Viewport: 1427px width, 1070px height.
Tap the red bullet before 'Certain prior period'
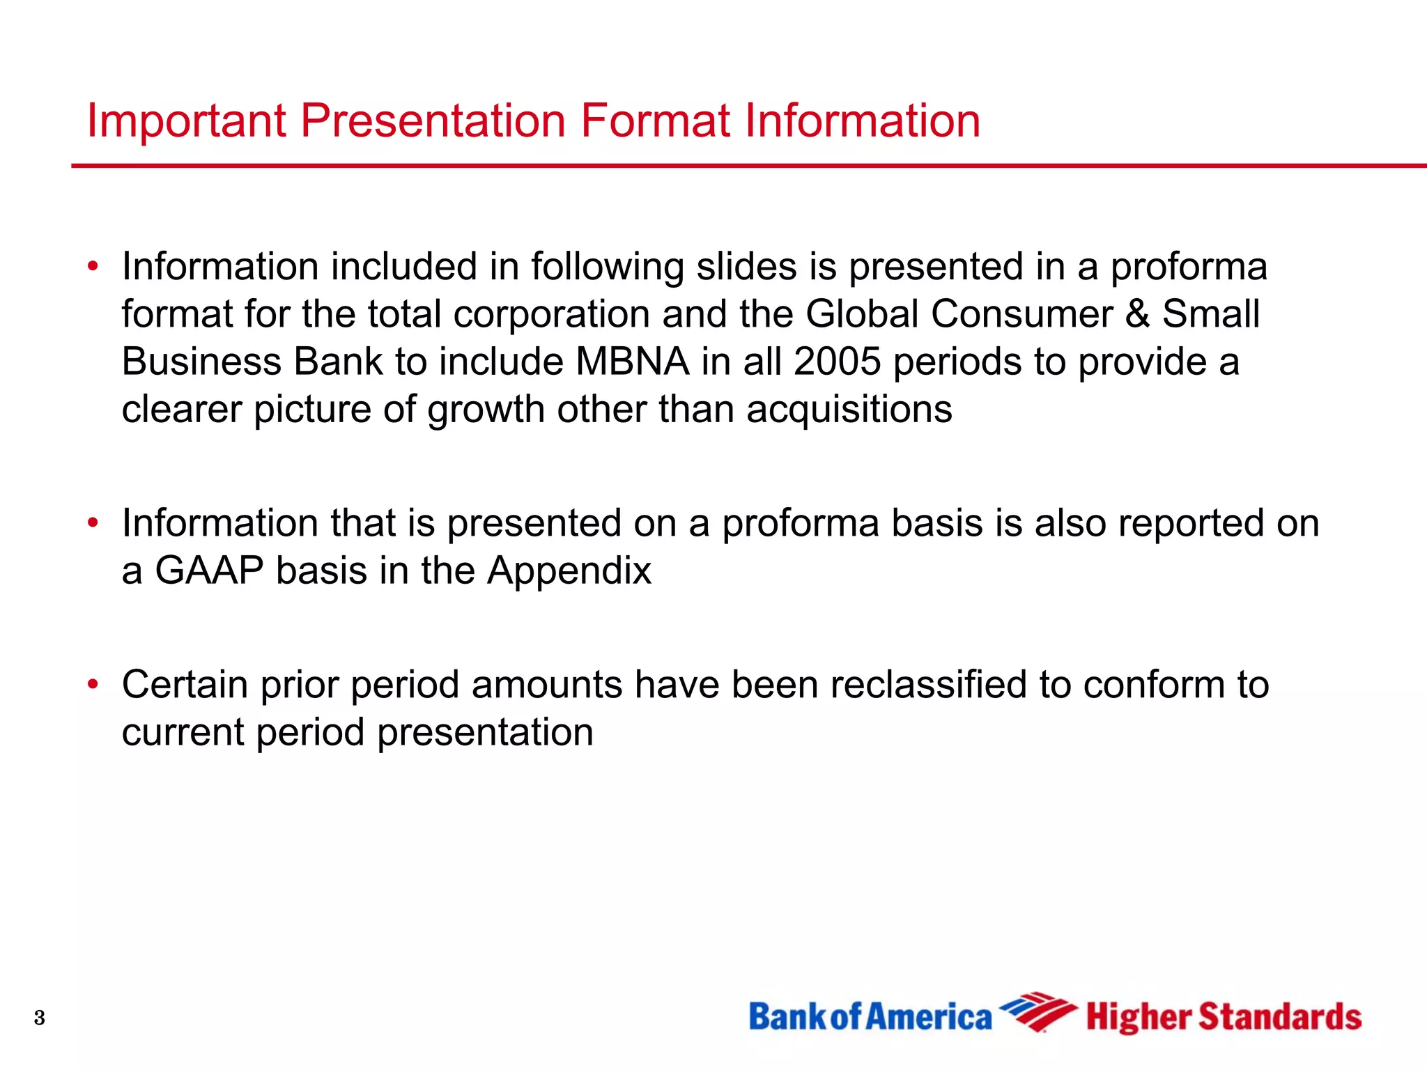click(x=93, y=685)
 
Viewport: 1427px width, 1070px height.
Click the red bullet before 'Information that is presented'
click(x=93, y=522)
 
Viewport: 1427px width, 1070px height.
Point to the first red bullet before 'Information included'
click(x=93, y=266)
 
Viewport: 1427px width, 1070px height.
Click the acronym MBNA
click(x=632, y=362)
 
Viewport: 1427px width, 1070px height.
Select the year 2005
click(x=837, y=362)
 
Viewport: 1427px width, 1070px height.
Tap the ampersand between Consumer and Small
click(x=1137, y=314)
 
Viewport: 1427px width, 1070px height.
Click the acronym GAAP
click(x=209, y=571)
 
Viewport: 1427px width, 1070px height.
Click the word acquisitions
click(x=849, y=410)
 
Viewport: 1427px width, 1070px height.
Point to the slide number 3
click(x=40, y=1018)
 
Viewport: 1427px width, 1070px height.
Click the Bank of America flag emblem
click(x=1038, y=1012)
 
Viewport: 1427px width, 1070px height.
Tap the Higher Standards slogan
click(x=1224, y=1018)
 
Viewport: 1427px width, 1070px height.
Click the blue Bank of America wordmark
click(x=870, y=1017)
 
